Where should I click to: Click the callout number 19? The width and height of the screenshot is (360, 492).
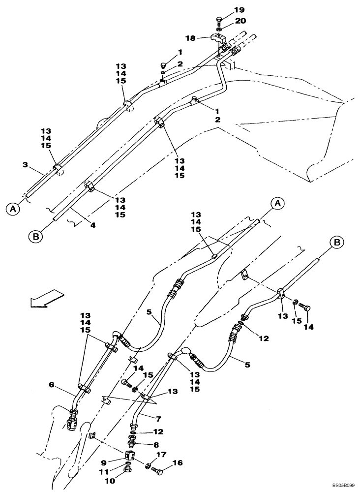click(x=239, y=10)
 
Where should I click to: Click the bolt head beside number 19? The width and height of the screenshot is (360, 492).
click(x=219, y=20)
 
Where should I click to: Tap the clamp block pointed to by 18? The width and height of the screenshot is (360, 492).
click(x=217, y=38)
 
